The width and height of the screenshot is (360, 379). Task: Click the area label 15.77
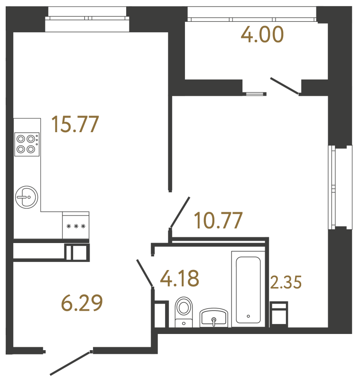[75, 125]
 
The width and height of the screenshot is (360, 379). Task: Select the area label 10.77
[219, 220]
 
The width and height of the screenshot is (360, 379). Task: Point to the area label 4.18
[179, 278]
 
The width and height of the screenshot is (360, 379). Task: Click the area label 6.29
[82, 303]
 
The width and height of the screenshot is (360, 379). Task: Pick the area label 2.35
[286, 283]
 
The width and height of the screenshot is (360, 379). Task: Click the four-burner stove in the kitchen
[26, 144]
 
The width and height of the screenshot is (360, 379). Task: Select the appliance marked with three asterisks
[76, 226]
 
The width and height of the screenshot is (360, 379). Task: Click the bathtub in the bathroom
[248, 289]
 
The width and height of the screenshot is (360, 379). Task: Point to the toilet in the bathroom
[184, 310]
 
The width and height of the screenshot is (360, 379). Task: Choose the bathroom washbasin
[214, 317]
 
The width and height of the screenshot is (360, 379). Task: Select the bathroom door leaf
[144, 273]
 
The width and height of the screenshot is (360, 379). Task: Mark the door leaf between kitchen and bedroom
[180, 212]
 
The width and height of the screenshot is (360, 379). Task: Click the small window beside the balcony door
[254, 93]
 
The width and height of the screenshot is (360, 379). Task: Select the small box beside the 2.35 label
[278, 314]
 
